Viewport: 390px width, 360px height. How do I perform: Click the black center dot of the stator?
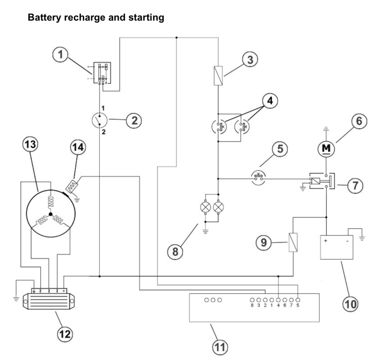click(x=51, y=215)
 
